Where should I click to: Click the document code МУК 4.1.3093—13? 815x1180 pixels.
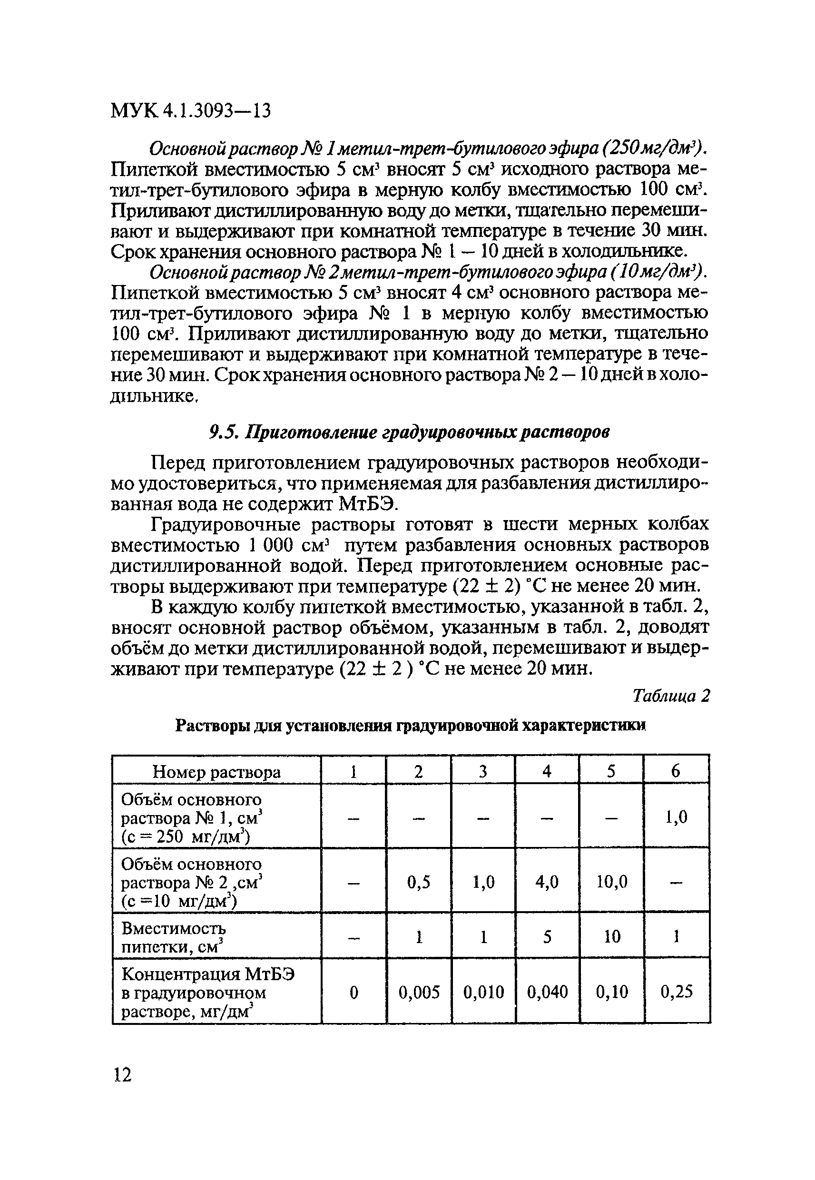[x=190, y=110]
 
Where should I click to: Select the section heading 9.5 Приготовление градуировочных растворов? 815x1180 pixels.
[x=409, y=432]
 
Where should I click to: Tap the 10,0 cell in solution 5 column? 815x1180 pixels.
[x=612, y=882]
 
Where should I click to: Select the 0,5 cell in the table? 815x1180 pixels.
[x=419, y=882]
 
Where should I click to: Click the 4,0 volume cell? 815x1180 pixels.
[x=547, y=882]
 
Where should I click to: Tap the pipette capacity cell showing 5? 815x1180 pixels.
[x=547, y=937]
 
